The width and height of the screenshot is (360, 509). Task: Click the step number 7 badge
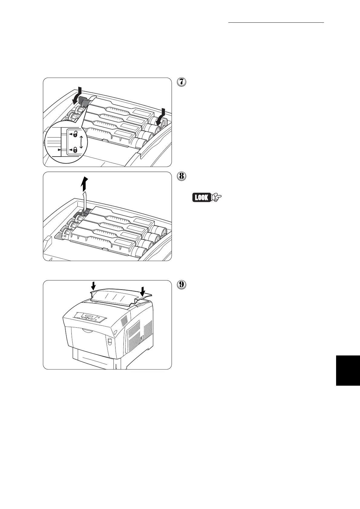[x=181, y=82]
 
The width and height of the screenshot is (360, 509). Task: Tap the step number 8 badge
[x=181, y=176]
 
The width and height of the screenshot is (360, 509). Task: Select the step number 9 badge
[x=181, y=285]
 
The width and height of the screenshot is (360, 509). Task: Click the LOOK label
[x=201, y=198]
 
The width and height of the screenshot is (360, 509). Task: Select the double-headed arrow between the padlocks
[x=81, y=142]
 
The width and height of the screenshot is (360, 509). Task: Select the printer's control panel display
[x=89, y=317]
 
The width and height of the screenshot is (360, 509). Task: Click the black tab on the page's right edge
[x=348, y=370]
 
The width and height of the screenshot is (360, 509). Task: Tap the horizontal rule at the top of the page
[x=276, y=22]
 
